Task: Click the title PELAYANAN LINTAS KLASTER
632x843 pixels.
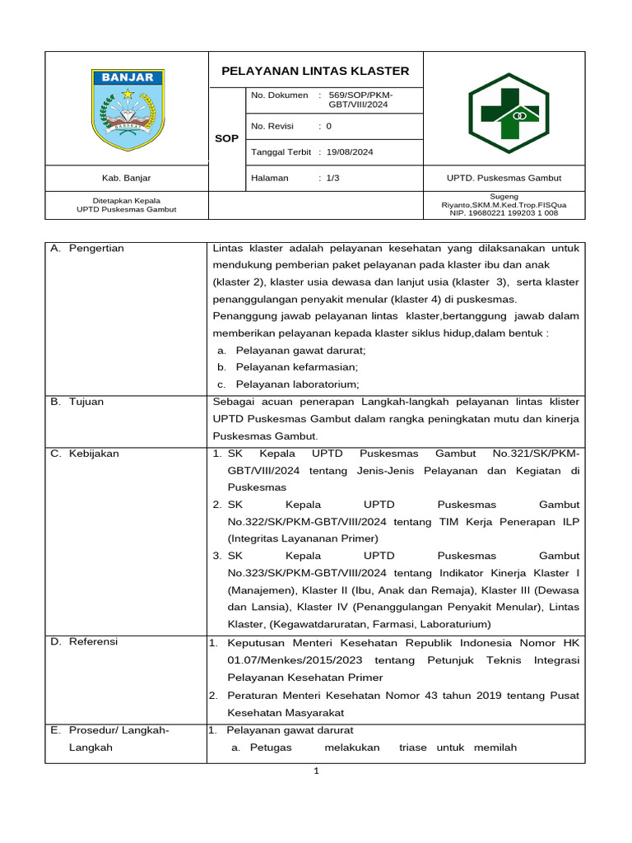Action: click(315, 71)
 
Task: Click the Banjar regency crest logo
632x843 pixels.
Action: click(128, 110)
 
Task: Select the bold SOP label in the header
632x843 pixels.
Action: click(226, 138)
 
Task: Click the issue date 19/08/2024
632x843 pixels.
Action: click(350, 151)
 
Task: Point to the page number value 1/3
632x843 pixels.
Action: click(332, 178)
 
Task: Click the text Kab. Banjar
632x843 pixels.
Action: click(127, 178)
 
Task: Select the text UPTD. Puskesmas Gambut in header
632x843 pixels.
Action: click(503, 178)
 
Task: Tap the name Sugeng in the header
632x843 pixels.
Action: click(503, 197)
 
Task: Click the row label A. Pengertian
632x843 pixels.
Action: click(87, 248)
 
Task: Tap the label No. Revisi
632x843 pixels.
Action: click(272, 126)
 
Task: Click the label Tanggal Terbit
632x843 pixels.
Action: click(281, 151)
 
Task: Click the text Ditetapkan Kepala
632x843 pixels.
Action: click(127, 200)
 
